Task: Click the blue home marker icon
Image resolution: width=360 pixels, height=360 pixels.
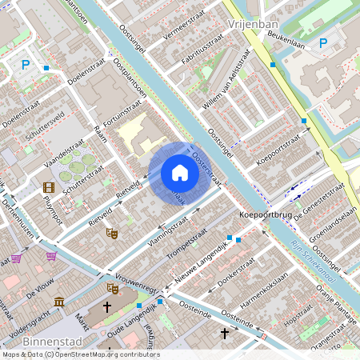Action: (x=180, y=173)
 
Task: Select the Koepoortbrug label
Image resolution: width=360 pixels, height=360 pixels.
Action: (x=265, y=215)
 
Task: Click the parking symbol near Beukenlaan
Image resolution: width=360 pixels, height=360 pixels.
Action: (x=323, y=43)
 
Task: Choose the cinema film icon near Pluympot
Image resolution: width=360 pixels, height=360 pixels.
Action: (x=49, y=187)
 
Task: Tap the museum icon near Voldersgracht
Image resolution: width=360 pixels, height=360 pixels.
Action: (x=59, y=302)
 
